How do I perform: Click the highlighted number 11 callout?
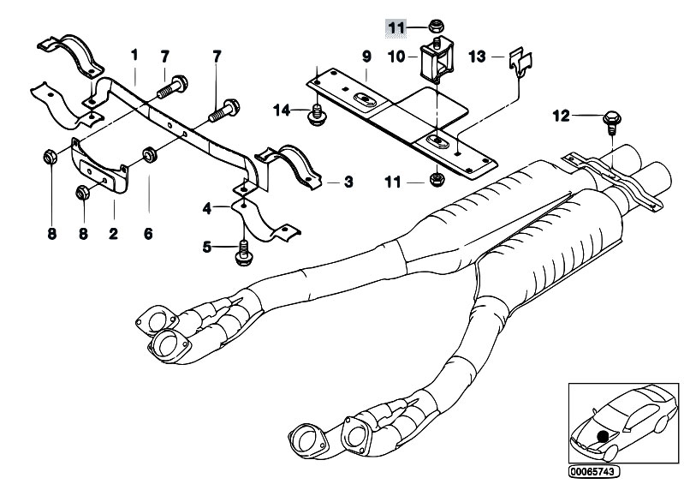pos(396,28)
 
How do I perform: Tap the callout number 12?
pos(561,117)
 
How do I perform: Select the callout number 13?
pos(477,57)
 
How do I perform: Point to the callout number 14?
pos(282,111)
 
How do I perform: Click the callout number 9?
pos(366,57)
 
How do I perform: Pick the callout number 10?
pos(396,57)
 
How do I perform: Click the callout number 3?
pos(348,182)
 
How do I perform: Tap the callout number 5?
pos(207,248)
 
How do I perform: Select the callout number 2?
pos(113,234)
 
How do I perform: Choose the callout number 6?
pos(148,234)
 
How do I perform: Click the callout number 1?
pos(134,55)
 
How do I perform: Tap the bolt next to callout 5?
pos(243,253)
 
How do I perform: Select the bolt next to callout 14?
pos(317,115)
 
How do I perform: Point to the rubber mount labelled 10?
pos(437,60)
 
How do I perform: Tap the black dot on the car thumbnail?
pos(604,436)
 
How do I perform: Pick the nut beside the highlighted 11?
pos(435,27)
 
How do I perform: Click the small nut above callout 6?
pos(151,155)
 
